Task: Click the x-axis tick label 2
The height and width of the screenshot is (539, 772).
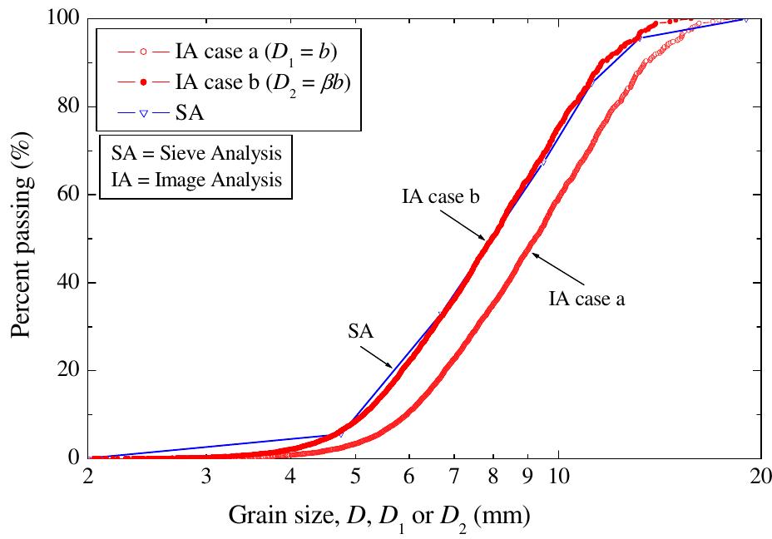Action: [89, 479]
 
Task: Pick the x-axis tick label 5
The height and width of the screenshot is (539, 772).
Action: [355, 479]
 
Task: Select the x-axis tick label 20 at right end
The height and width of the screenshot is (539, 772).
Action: [758, 479]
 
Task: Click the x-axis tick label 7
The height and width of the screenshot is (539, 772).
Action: [453, 479]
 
